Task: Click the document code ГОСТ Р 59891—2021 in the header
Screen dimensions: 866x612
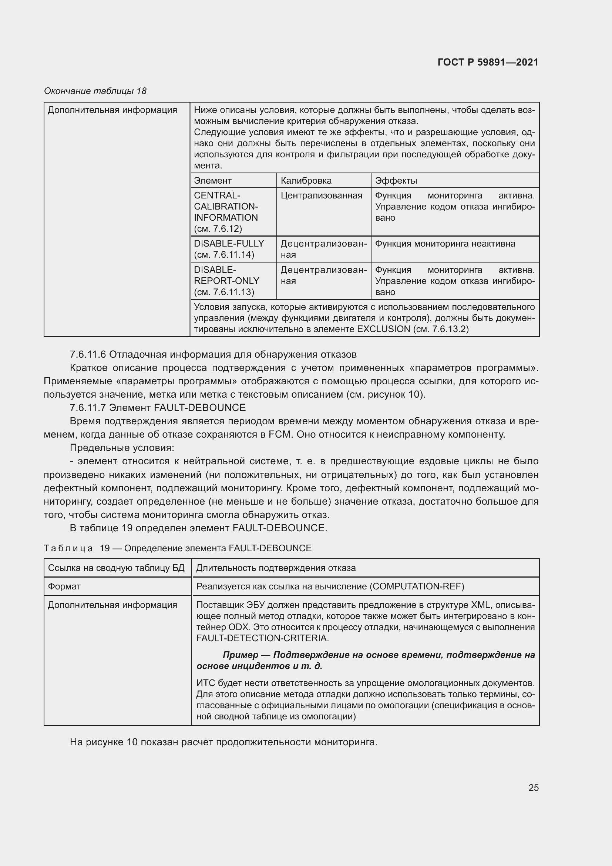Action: pos(488,62)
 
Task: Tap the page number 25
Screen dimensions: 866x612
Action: pos(533,788)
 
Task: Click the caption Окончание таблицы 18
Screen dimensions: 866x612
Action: pos(95,91)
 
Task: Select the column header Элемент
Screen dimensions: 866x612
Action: pos(212,181)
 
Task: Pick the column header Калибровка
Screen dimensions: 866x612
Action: pos(306,181)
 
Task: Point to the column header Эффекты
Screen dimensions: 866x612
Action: pos(396,181)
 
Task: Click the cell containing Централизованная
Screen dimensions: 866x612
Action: pos(322,195)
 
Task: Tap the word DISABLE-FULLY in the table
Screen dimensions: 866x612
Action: pos(229,244)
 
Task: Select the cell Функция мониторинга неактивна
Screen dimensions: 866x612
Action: pos(445,244)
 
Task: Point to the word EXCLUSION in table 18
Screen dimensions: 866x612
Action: pos(383,329)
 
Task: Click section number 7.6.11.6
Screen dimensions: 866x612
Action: pos(88,355)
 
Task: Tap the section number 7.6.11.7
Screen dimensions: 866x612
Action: pos(88,408)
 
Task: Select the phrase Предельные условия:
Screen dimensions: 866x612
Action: pos(122,448)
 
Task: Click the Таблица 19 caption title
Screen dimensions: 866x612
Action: pos(178,548)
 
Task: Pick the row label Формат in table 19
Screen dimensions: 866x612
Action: pos(64,586)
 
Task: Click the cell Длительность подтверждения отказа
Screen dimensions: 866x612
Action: pos(276,568)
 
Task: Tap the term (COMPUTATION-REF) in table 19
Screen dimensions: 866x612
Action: pos(417,586)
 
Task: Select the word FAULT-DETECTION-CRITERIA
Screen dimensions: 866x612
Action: pos(262,638)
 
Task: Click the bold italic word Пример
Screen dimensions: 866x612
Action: pos(241,655)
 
